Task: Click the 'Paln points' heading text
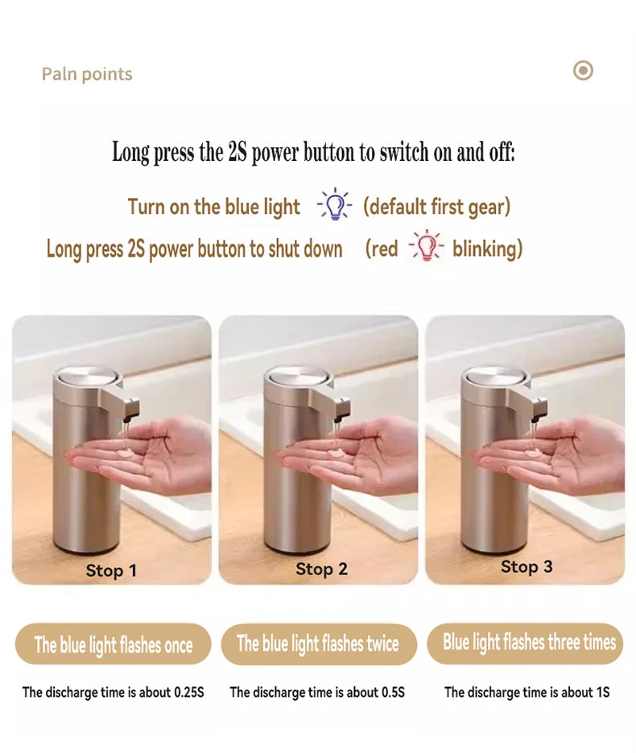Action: click(87, 74)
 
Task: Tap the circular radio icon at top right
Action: click(583, 71)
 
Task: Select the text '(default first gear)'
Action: click(436, 207)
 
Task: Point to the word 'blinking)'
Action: click(487, 249)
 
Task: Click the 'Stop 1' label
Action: click(111, 570)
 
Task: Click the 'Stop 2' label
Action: click(321, 570)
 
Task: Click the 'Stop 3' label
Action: click(527, 566)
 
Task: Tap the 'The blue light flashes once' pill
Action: click(114, 644)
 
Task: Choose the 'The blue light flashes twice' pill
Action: click(318, 644)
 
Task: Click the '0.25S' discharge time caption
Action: click(114, 692)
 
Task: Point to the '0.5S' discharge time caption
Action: click(317, 692)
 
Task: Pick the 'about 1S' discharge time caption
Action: click(527, 692)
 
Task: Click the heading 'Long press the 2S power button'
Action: click(313, 152)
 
